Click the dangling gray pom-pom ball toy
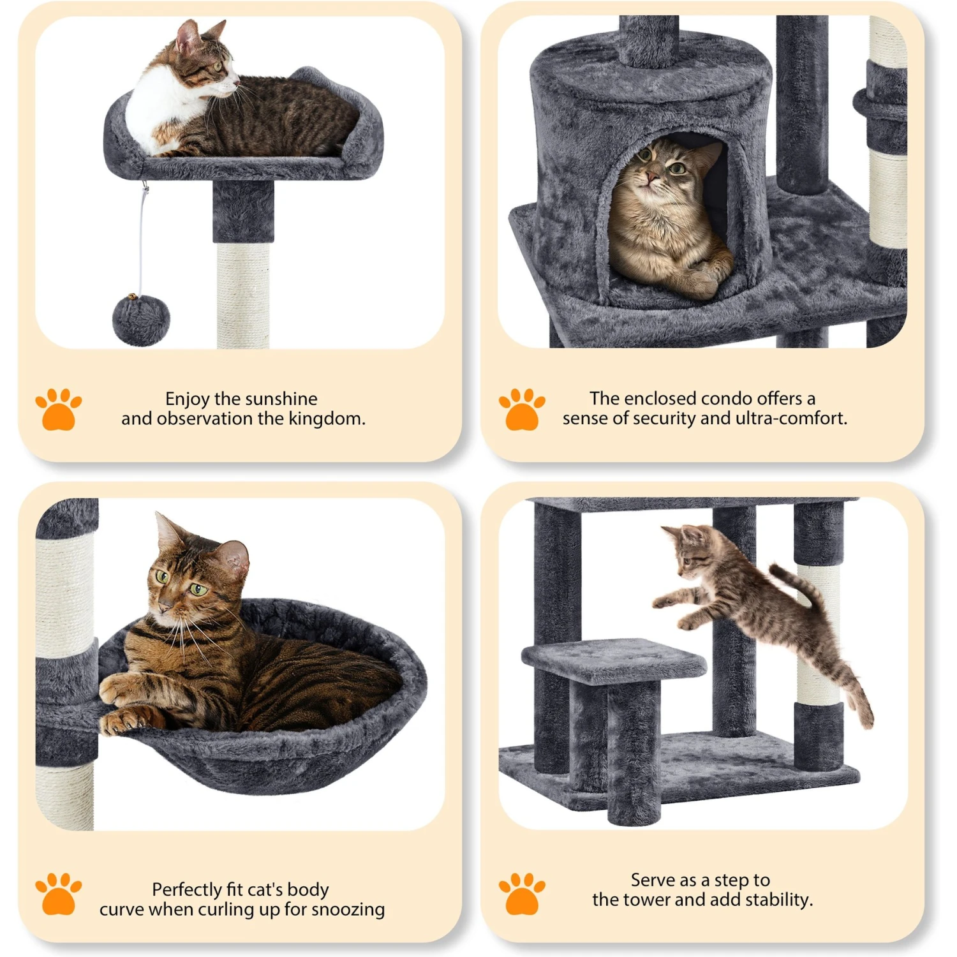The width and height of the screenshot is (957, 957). (141, 320)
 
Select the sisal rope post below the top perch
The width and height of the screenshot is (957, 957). (243, 293)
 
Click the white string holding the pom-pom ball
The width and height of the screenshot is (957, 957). (142, 242)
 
